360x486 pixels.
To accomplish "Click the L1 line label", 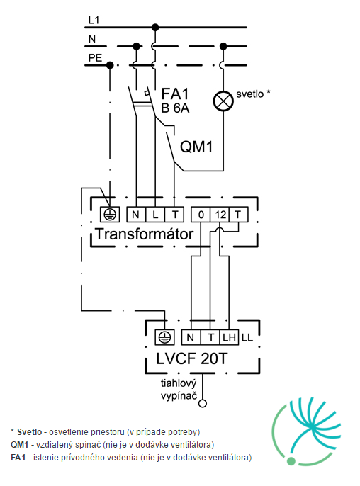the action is [x=94, y=20].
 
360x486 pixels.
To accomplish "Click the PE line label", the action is [x=95, y=58].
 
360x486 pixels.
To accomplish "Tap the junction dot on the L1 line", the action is [x=155, y=27].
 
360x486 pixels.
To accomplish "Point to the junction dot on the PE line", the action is [x=110, y=65].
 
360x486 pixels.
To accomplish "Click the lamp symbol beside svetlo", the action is [x=223, y=101].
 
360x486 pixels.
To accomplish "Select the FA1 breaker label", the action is [x=175, y=94].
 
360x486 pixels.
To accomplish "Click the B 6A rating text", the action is [x=175, y=108].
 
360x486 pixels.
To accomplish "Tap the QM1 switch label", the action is [x=196, y=146].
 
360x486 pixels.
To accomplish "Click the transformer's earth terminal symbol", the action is [x=110, y=215].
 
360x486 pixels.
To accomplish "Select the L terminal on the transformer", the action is [x=155, y=215].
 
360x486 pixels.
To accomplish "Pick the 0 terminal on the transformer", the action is [x=201, y=215].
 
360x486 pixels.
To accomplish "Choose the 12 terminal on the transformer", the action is [x=220, y=215].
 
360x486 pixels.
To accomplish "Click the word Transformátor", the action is [x=145, y=234].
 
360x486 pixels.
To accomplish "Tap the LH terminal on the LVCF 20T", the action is [x=229, y=337].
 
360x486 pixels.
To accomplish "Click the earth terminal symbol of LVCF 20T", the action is [x=164, y=337].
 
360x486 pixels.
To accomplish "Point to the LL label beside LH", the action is [x=247, y=337].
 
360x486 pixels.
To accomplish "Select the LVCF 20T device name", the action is [x=191, y=359].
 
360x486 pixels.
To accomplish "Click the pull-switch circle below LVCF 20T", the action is [x=203, y=403].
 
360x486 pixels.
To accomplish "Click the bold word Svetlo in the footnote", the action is [x=30, y=431].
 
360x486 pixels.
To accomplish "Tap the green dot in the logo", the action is [x=291, y=461].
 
